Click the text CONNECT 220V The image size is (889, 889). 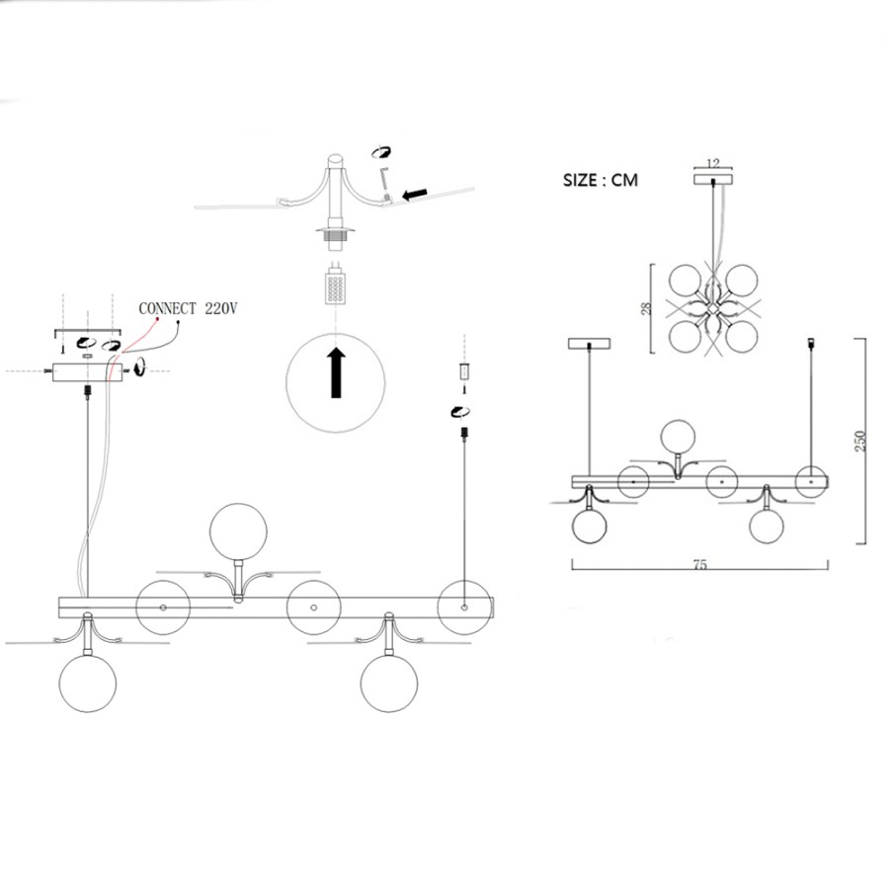pyautogui.click(x=188, y=308)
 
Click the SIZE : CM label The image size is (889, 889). pyautogui.click(x=600, y=181)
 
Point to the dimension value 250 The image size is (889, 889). pyautogui.click(x=860, y=442)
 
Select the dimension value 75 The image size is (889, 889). pyautogui.click(x=699, y=565)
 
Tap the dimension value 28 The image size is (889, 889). pyautogui.click(x=646, y=308)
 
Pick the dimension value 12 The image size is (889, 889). pyautogui.click(x=713, y=164)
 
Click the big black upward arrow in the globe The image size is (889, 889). pyautogui.click(x=336, y=372)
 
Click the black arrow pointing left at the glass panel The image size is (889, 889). pyautogui.click(x=415, y=195)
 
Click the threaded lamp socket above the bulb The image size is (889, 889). pyautogui.click(x=336, y=236)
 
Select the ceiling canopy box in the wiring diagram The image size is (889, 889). pyautogui.click(x=87, y=372)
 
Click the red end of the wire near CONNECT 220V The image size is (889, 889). pyautogui.click(x=157, y=319)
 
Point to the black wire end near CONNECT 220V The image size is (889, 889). pyautogui.click(x=179, y=323)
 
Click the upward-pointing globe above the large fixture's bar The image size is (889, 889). pyautogui.click(x=238, y=531)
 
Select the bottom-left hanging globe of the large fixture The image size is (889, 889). pyautogui.click(x=88, y=684)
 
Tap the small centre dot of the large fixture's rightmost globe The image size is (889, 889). pyautogui.click(x=465, y=607)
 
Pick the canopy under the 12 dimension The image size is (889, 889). pyautogui.click(x=713, y=179)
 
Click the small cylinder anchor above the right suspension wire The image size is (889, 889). pyautogui.click(x=464, y=372)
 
